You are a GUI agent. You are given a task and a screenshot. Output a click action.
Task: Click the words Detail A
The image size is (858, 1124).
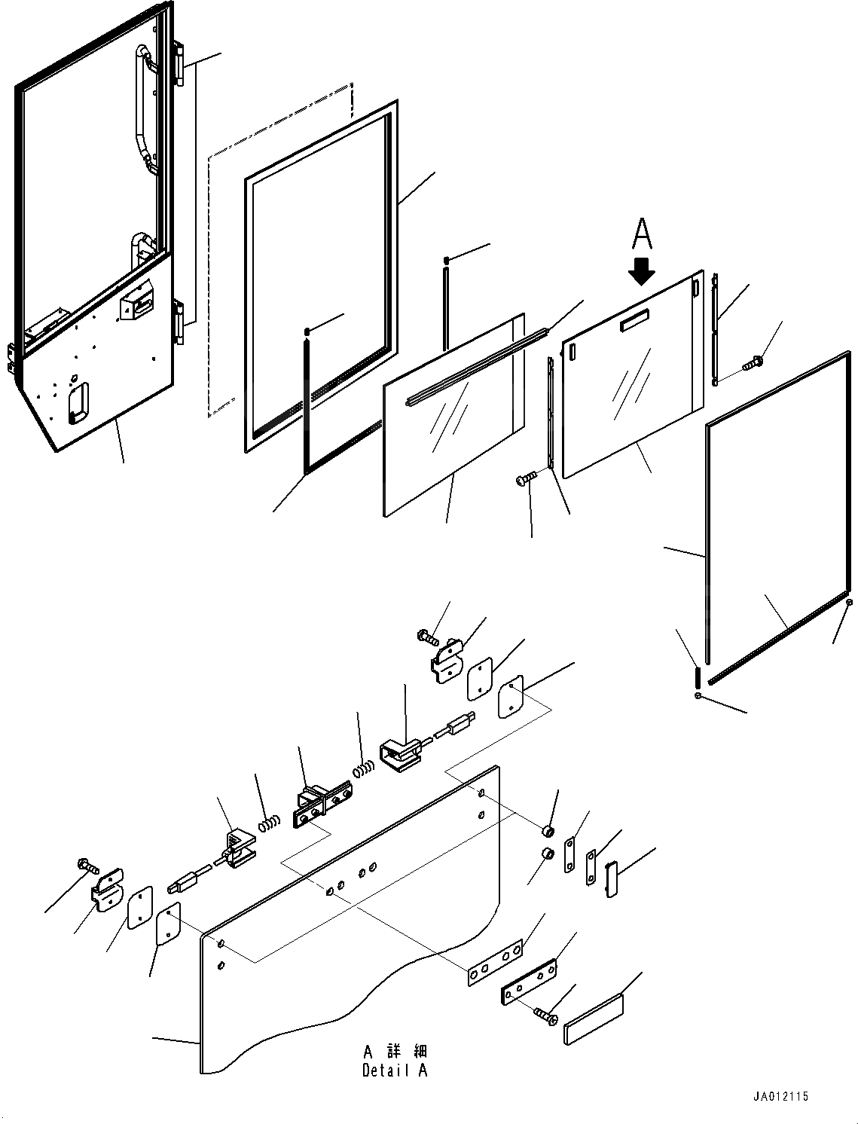(x=395, y=1070)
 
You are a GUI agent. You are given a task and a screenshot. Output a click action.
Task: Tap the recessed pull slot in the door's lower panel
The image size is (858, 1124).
(x=78, y=399)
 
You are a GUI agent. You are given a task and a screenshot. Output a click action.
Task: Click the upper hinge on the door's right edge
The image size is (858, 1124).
(x=179, y=63)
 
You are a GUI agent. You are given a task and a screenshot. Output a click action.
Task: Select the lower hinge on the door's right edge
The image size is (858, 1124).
(x=179, y=322)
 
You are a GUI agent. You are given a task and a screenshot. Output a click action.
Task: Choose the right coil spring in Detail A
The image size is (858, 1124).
(x=364, y=770)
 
